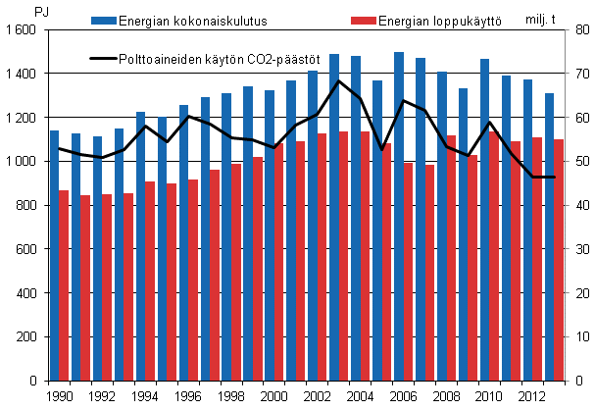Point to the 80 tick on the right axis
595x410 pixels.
click(x=577, y=30)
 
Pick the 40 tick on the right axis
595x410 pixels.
click(x=577, y=205)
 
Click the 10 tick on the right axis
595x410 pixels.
click(x=577, y=336)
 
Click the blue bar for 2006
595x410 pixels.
click(x=399, y=216)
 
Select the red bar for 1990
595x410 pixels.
click(x=65, y=285)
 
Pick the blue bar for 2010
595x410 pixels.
click(x=484, y=220)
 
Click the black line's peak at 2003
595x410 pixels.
click(x=336, y=80)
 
